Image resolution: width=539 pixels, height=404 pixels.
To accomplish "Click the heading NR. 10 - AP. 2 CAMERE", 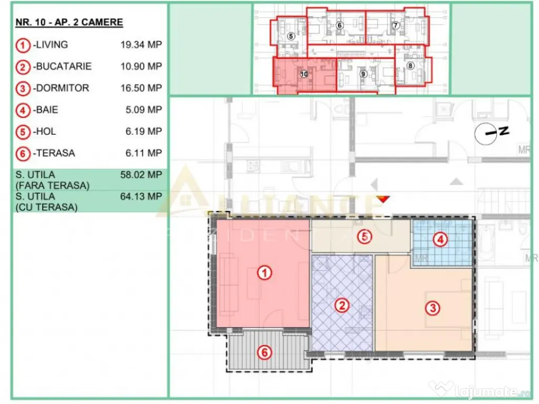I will click(68, 23).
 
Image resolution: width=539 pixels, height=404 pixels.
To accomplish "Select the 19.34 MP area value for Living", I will click(141, 45).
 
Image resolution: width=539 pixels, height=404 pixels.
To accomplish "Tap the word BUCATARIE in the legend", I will click(63, 66).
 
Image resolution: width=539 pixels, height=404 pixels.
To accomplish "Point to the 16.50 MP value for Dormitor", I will click(141, 88).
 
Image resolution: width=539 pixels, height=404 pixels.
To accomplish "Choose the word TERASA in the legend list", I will click(55, 153).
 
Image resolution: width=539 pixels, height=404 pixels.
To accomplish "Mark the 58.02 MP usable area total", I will click(141, 175).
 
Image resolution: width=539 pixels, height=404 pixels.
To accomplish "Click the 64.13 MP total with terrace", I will click(141, 196).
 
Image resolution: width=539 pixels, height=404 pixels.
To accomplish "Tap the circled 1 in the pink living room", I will click(264, 273).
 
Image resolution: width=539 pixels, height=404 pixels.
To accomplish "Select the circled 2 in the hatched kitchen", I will click(342, 305).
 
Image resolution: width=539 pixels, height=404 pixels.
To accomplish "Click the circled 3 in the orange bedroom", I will click(432, 308).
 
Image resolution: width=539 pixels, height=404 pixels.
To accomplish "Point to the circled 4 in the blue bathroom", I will click(440, 240).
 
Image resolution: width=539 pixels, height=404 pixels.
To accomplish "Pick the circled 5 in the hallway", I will click(364, 237).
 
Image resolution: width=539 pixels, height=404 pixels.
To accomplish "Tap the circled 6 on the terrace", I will click(264, 352).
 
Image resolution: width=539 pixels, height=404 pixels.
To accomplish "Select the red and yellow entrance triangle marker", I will click(384, 198).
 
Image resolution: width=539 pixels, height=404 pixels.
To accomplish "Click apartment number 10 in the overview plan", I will click(304, 74).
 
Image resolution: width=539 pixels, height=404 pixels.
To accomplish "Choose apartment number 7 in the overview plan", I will click(396, 25).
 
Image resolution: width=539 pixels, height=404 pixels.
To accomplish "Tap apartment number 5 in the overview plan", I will click(291, 36).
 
